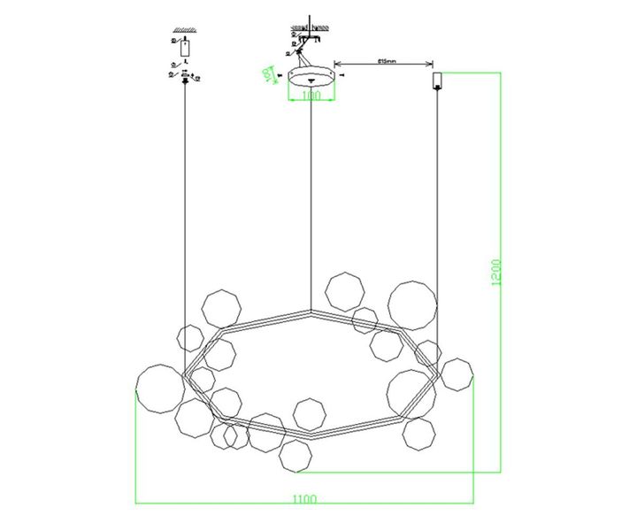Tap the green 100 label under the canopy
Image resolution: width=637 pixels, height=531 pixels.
click(x=311, y=96)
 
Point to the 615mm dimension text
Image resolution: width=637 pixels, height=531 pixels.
click(x=385, y=61)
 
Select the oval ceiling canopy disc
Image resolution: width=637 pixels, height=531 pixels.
click(x=312, y=75)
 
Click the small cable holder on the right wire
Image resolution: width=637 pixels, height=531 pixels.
click(x=437, y=81)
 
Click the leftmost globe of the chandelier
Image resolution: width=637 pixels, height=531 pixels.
click(x=160, y=389)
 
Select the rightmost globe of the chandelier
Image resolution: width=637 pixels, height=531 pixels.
click(x=457, y=374)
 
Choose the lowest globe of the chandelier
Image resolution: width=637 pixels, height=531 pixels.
click(x=295, y=457)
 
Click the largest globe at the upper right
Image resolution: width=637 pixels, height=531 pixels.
click(x=412, y=305)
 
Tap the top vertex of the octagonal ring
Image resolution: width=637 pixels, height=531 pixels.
click(x=311, y=312)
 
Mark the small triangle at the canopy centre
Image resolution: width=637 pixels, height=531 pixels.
click(x=311, y=80)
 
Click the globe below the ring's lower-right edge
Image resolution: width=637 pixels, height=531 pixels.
click(x=418, y=434)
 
